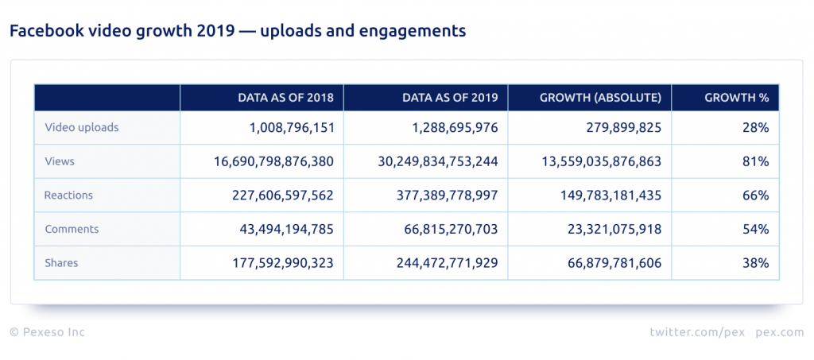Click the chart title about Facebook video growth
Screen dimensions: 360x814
coord(237,31)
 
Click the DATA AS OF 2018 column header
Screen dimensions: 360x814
coord(291,98)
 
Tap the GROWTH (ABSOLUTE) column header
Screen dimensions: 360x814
coord(600,98)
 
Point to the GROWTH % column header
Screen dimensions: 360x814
coord(736,98)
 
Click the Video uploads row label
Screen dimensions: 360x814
coord(82,127)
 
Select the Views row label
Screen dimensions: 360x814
coord(60,161)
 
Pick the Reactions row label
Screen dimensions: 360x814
coord(69,195)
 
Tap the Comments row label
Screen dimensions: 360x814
coord(72,229)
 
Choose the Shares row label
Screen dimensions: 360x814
coord(61,263)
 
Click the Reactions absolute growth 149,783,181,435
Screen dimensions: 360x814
coord(599,195)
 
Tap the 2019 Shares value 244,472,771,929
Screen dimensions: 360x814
coord(448,263)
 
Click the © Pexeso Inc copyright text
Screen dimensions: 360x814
coord(47,332)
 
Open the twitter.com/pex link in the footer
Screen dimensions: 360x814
coord(696,332)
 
